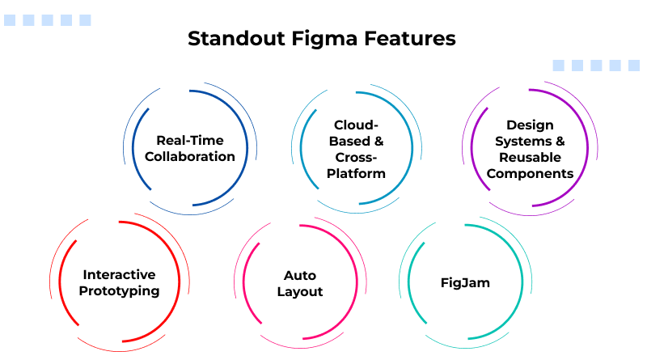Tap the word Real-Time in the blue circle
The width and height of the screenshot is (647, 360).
(190, 140)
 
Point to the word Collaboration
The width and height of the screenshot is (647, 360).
(190, 156)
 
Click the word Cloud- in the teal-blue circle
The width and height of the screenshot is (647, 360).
(357, 125)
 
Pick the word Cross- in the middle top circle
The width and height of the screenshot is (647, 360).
(357, 157)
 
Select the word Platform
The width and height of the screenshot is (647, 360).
(357, 173)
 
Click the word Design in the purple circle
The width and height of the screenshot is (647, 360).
(530, 125)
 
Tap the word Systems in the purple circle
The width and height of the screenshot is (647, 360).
(522, 141)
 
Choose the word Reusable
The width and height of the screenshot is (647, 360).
(530, 157)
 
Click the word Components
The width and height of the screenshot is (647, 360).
(530, 173)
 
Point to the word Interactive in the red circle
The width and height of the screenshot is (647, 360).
(119, 275)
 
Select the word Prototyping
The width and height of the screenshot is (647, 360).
(119, 291)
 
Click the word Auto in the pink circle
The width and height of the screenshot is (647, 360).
(300, 275)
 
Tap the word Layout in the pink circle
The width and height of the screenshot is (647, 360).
(300, 291)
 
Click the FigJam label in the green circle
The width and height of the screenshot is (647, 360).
(465, 283)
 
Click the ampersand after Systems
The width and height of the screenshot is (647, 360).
(560, 141)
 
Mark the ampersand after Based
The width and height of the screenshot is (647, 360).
(378, 141)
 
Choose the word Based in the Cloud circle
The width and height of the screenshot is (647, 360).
(349, 141)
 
